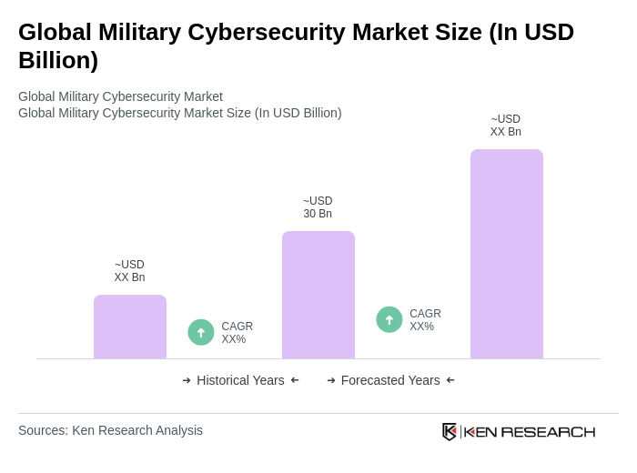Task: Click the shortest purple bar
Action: (130, 327)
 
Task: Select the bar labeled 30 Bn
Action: (318, 295)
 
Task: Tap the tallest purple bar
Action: (507, 254)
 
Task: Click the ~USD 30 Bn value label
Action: (318, 207)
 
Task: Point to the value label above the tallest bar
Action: (506, 126)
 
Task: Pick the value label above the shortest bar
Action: (129, 271)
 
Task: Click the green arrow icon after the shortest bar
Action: (201, 332)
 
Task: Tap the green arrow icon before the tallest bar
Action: (389, 319)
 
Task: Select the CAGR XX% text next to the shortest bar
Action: (237, 333)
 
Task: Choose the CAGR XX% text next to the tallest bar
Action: (425, 320)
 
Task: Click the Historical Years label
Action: (240, 380)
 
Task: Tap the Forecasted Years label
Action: (390, 380)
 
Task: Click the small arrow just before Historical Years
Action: (187, 380)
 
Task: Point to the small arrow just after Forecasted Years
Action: (450, 380)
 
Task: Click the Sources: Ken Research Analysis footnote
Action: (110, 430)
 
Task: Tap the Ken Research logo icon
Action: (450, 431)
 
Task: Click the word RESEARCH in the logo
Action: (548, 431)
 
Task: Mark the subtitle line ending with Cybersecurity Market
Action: (120, 96)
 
